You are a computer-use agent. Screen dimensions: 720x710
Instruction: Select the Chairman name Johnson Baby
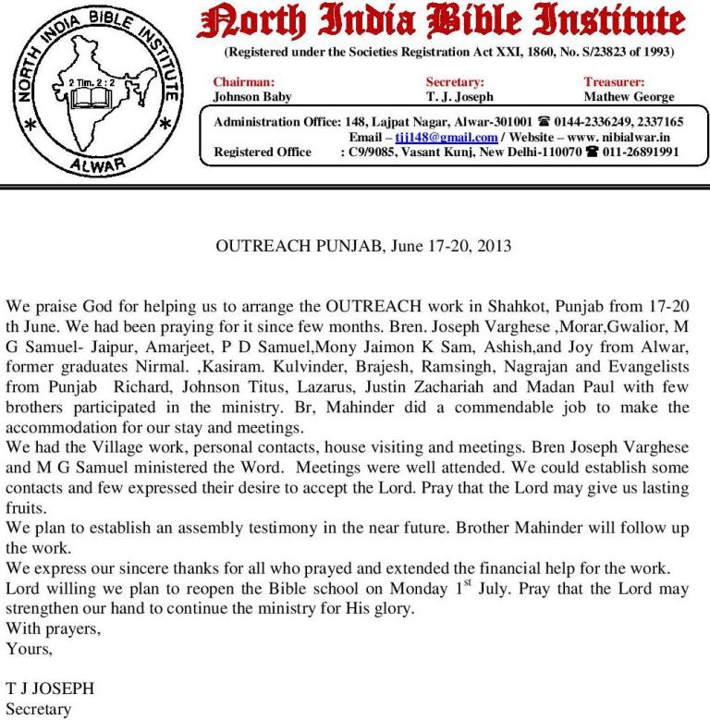tap(252, 96)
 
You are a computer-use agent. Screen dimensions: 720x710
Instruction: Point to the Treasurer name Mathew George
tap(629, 96)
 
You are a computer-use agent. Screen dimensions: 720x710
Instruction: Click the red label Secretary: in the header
tap(455, 82)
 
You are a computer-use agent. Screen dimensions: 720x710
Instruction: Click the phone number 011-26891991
tap(641, 152)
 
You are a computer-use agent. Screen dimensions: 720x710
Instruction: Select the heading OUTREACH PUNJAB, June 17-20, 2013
tap(363, 247)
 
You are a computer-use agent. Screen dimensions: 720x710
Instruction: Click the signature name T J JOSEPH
tap(50, 690)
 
